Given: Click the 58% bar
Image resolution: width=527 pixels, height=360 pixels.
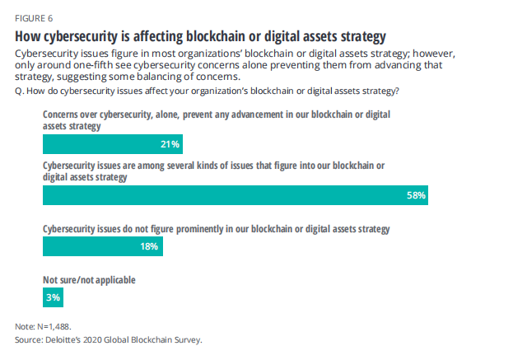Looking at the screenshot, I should pyautogui.click(x=235, y=195).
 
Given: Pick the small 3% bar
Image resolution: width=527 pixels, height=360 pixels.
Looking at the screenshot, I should pyautogui.click(x=51, y=297).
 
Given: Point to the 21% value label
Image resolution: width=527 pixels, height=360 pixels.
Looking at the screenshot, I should pyautogui.click(x=170, y=145).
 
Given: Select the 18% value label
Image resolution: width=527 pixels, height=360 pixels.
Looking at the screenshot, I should pyautogui.click(x=150, y=246).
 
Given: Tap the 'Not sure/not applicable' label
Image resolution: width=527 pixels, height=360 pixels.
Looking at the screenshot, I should pyautogui.click(x=89, y=280).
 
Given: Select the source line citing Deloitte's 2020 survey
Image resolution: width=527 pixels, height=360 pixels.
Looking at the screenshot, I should pyautogui.click(x=108, y=339).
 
